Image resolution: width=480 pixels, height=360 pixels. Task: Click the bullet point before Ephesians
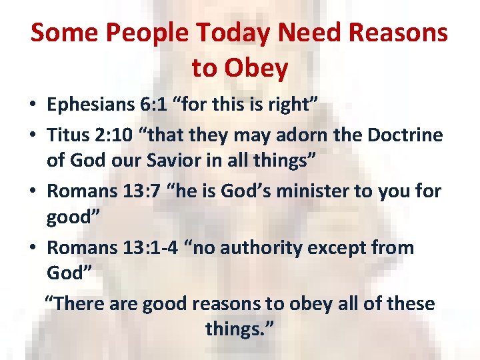point(33,105)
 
